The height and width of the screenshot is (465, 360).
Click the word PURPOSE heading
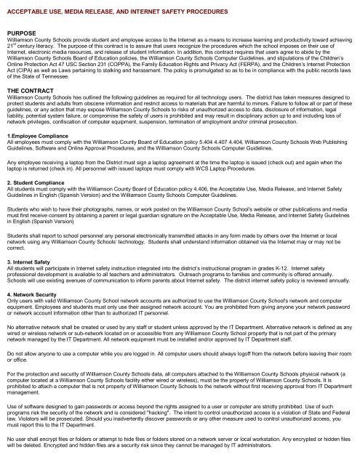[23, 33]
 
